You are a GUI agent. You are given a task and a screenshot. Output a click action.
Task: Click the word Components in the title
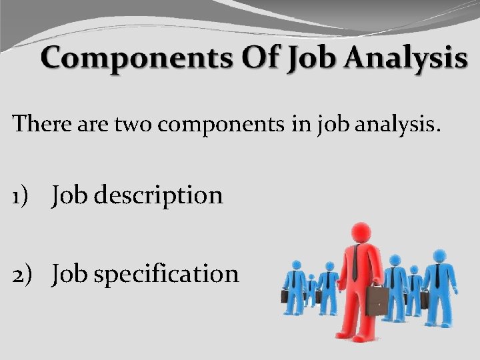point(137,59)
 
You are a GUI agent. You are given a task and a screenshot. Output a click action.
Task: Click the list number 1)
point(23,196)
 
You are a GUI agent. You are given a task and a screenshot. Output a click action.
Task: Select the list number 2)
point(24,274)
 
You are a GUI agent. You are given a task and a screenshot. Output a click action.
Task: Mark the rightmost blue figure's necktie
point(437,275)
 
